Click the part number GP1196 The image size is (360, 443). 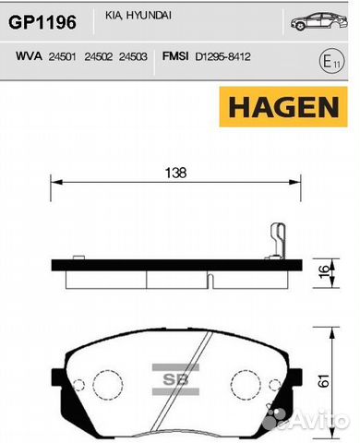(42, 22)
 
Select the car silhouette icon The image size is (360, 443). (319, 21)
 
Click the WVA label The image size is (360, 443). (29, 56)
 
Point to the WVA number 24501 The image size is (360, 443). (62, 57)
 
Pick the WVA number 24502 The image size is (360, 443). (99, 57)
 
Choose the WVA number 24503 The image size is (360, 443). (133, 57)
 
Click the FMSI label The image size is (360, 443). (175, 56)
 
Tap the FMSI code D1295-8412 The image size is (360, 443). (223, 56)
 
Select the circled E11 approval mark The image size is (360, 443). (331, 61)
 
